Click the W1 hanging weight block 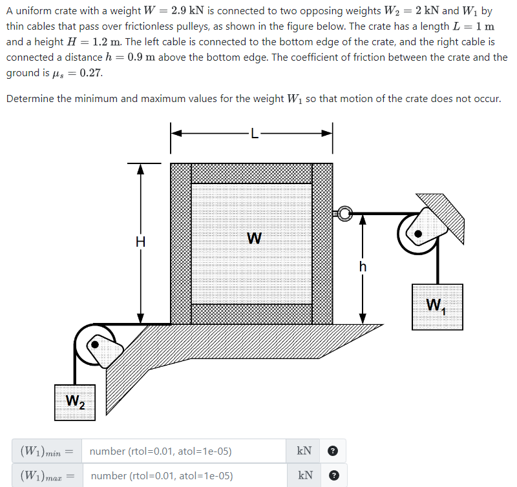click(x=438, y=306)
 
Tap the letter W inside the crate click(x=254, y=238)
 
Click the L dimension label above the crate click(x=254, y=136)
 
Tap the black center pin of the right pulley click(x=419, y=233)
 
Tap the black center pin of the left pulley click(x=96, y=346)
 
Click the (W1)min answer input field click(x=184, y=451)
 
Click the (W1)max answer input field click(x=184, y=475)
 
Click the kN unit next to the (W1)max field click(x=304, y=475)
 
